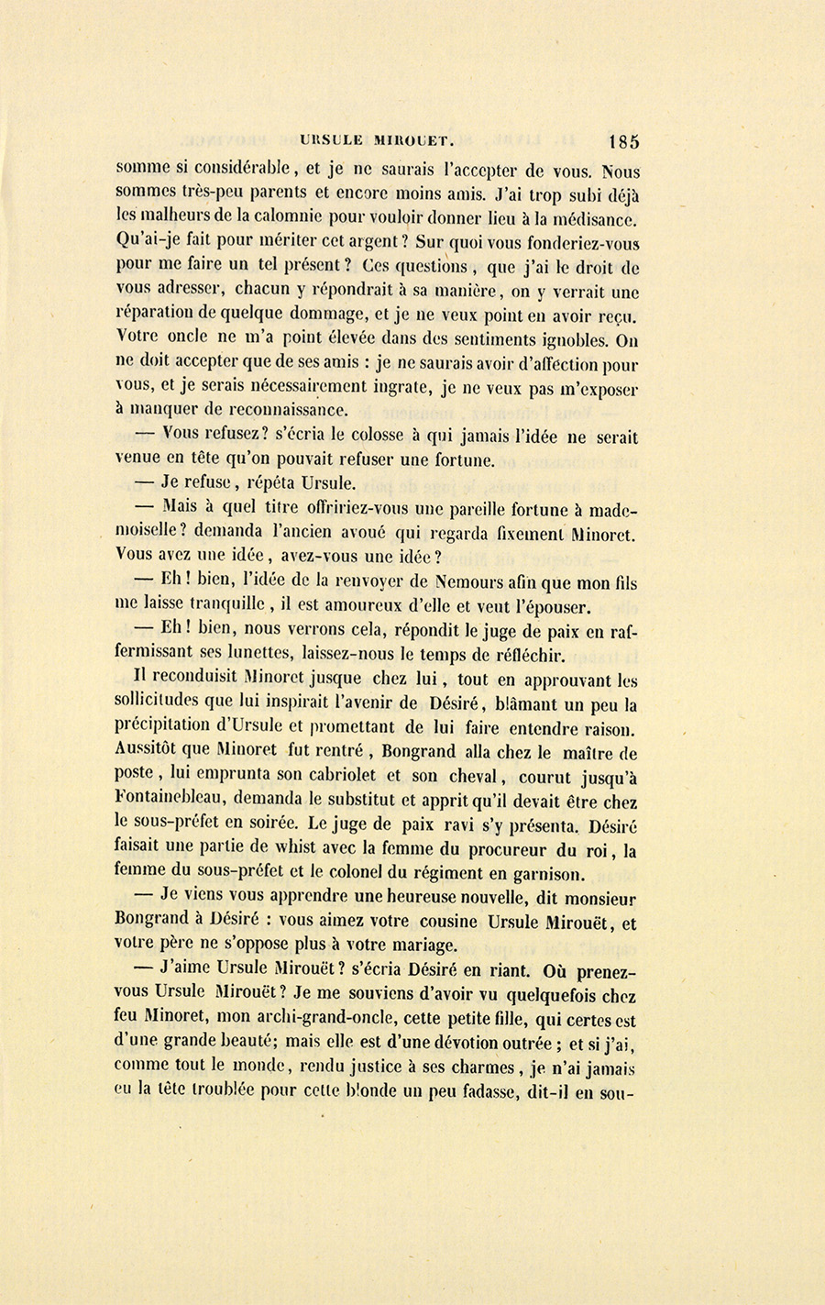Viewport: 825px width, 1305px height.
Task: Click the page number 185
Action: pyautogui.click(x=622, y=141)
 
